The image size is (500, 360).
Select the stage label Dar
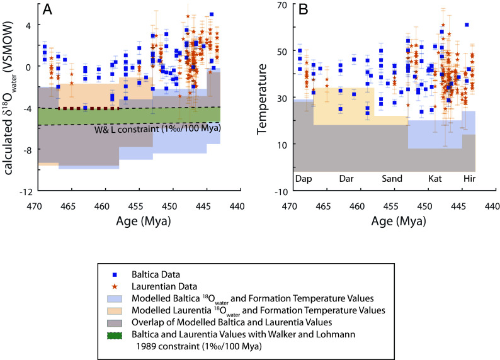tap(346, 179)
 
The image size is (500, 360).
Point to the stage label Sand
tap(392, 179)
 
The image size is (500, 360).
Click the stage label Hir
tap(469, 179)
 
